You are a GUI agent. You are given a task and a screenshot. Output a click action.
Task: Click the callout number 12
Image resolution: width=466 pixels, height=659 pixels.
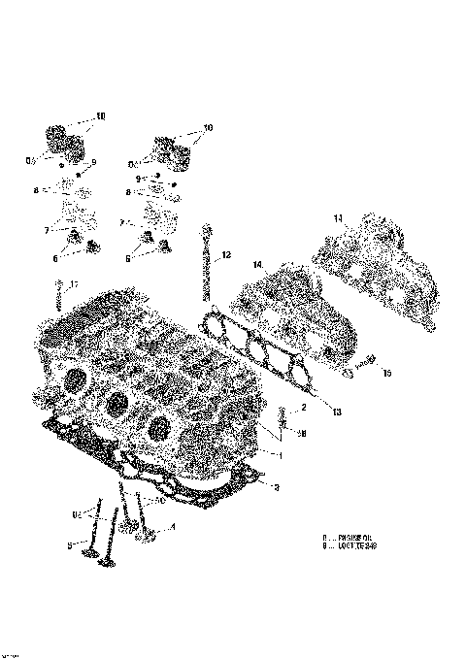225,255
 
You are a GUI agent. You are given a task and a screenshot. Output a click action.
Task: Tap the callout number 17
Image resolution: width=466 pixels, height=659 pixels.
74,283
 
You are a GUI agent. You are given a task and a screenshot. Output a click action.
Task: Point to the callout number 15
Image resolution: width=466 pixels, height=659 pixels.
386,373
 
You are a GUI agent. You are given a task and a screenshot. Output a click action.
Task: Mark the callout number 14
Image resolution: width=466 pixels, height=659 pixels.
258,265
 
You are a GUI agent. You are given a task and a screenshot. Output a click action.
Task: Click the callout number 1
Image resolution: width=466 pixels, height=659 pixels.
280,454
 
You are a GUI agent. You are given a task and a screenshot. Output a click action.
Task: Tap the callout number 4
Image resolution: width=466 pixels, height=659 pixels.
172,527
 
